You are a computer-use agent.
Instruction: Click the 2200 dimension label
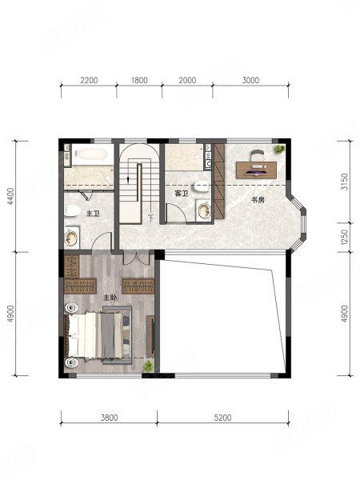89,80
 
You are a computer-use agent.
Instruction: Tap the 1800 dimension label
139,80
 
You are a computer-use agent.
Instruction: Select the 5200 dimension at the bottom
222,418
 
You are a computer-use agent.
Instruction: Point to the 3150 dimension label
344,182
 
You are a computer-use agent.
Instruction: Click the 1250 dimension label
344,238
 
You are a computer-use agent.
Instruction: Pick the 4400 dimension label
10,196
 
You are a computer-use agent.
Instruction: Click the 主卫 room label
93,213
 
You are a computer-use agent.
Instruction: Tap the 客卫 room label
182,194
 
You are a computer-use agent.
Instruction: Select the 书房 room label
258,200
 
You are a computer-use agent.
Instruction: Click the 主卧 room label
110,298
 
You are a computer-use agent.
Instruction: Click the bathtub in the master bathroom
92,154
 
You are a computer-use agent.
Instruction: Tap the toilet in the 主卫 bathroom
73,211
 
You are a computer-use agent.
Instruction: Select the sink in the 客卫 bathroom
203,210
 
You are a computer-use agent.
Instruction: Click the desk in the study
256,170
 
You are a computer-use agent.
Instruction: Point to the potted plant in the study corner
279,149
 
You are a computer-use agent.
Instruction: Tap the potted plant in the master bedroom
149,366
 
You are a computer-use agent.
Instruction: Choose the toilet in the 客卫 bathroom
202,186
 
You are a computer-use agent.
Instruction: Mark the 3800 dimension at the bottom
109,418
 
